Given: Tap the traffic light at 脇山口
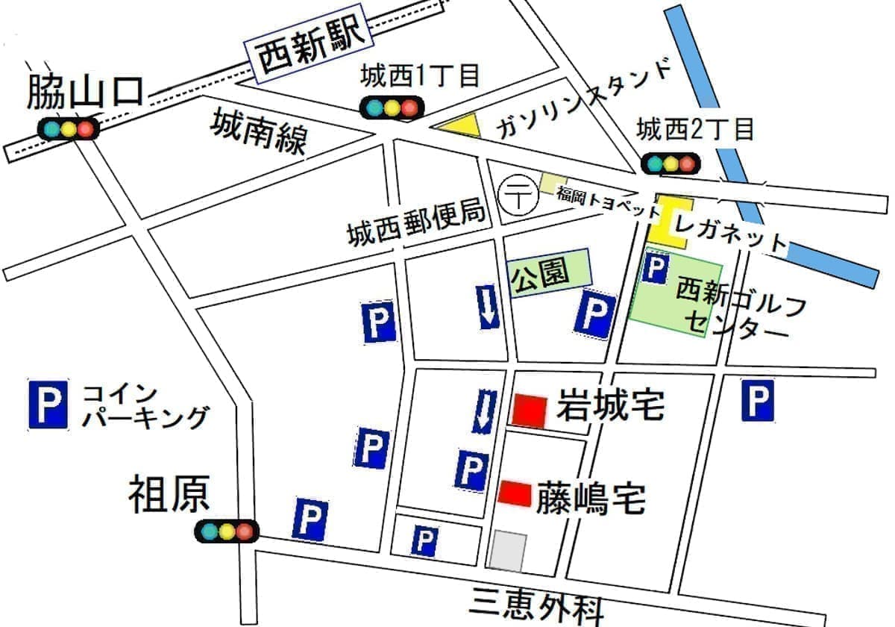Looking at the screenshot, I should [68, 128].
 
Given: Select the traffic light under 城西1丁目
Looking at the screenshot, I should [390, 107].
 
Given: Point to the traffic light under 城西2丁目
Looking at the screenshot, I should [671, 163].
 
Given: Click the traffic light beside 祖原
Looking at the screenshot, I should [225, 531].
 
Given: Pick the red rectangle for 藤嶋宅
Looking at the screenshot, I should [515, 493].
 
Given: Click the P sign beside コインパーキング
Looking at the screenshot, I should [48, 404].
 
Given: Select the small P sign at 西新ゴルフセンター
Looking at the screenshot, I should [654, 267].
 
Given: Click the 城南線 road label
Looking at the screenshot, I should [258, 131].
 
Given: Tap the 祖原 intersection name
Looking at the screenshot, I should [169, 495].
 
